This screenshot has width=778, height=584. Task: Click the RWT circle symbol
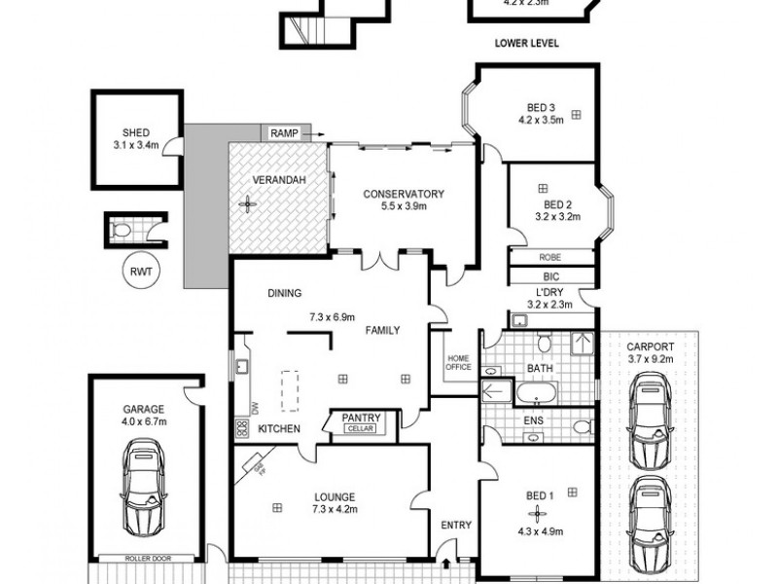[137, 272]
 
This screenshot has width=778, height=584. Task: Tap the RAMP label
[284, 132]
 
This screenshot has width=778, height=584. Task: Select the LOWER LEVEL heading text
[527, 44]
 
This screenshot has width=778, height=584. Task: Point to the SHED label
[136, 133]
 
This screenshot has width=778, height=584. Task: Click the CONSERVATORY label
[404, 194]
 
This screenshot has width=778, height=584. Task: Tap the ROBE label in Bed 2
[549, 258]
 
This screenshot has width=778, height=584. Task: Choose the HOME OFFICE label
[458, 362]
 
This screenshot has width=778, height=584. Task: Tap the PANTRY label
[361, 419]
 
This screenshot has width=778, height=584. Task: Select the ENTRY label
[456, 526]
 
